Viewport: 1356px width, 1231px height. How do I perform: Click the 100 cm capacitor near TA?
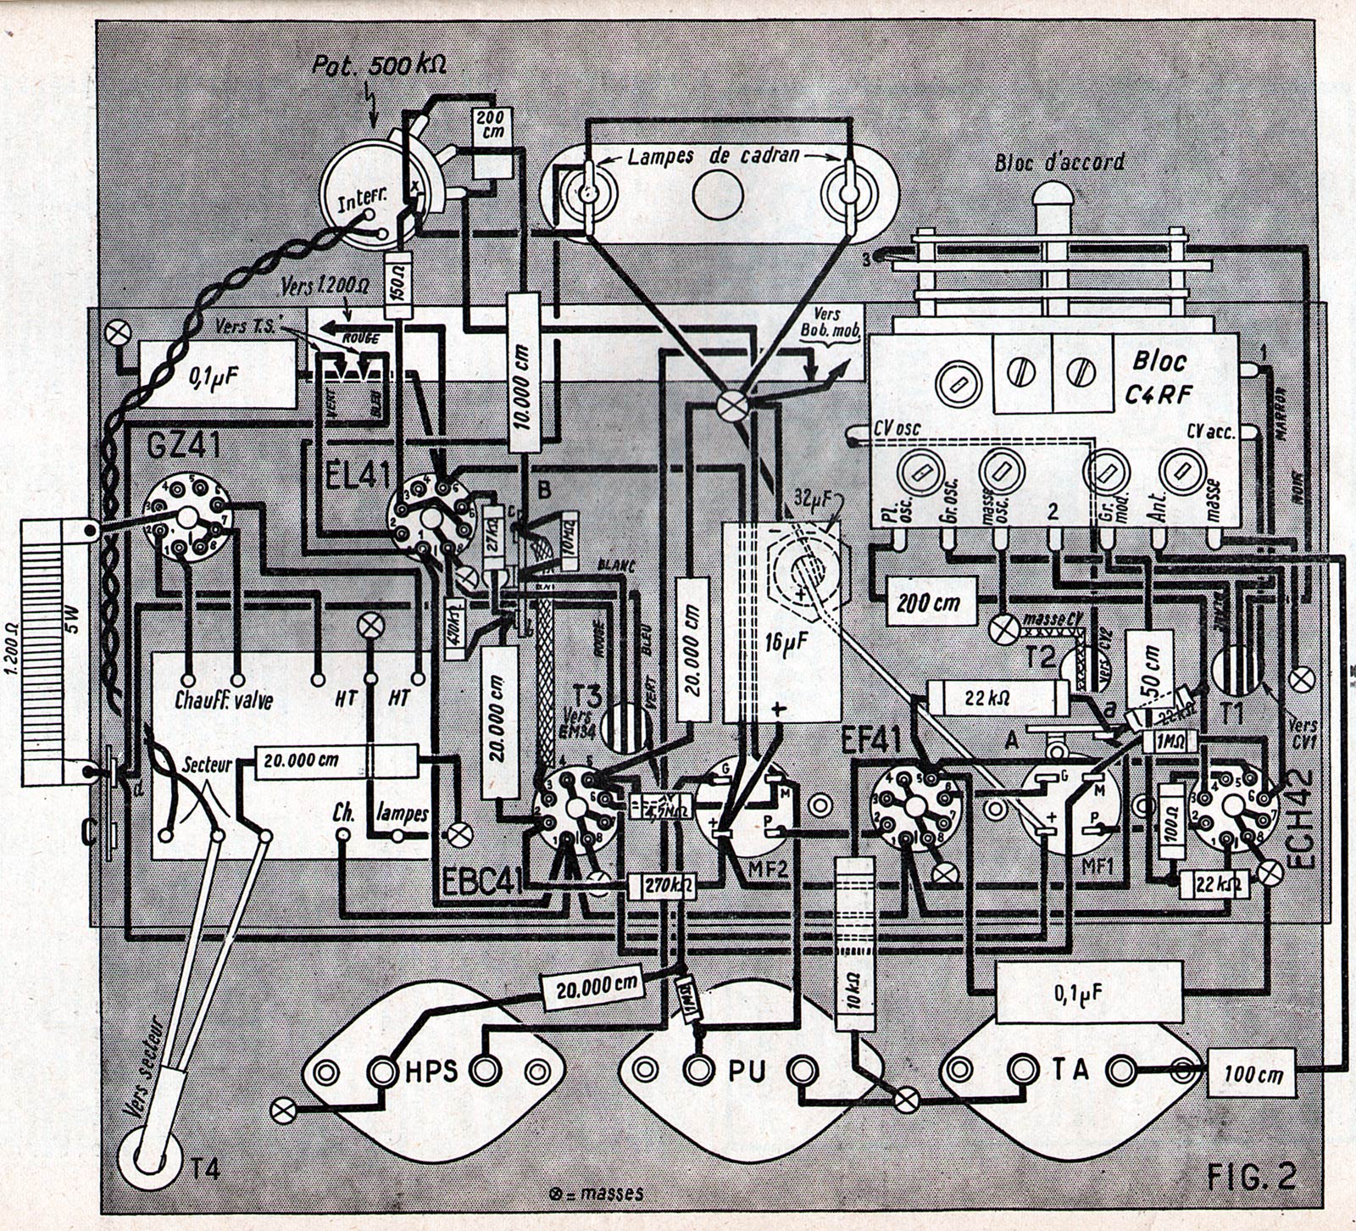1252,1075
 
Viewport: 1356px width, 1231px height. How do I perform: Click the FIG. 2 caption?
1252,1178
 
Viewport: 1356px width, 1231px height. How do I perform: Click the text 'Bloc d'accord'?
1060,161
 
